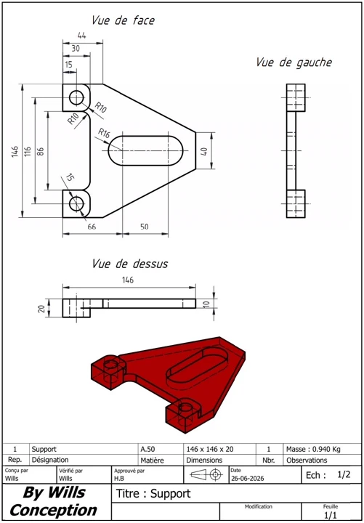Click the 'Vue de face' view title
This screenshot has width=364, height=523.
point(123,20)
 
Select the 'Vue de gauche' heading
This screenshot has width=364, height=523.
point(294,62)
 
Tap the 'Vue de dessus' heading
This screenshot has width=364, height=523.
point(130,264)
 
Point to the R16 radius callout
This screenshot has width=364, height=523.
point(104,134)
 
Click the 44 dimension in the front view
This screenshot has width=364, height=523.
point(82,36)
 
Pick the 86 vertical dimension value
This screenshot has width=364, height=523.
point(41,152)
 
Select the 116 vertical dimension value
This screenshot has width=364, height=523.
point(28,152)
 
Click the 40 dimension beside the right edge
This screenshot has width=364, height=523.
point(204,151)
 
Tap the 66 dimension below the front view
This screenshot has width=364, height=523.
point(92,227)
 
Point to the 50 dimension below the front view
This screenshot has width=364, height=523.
point(144,227)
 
